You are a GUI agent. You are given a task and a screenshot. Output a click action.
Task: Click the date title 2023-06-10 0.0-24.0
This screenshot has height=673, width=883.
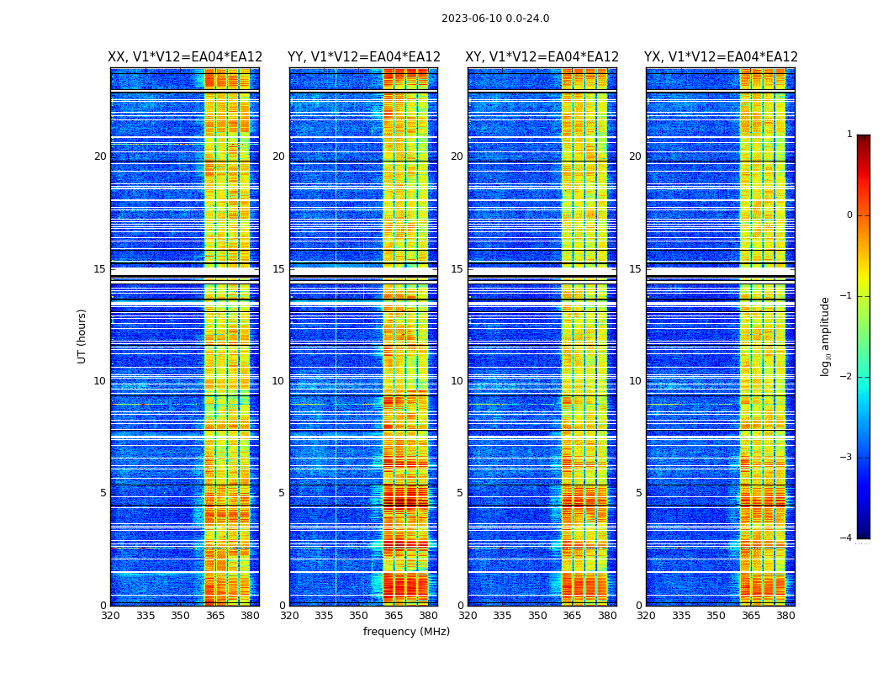pyautogui.click(x=495, y=19)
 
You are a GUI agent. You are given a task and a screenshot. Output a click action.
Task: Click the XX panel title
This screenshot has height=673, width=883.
pyautogui.click(x=185, y=57)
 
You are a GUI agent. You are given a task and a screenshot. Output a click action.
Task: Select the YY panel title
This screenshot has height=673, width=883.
pyautogui.click(x=364, y=57)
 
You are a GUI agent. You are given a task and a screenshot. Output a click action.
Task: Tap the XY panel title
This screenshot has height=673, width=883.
pyautogui.click(x=542, y=57)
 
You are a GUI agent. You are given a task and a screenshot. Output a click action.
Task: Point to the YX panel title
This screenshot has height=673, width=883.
pyautogui.click(x=721, y=57)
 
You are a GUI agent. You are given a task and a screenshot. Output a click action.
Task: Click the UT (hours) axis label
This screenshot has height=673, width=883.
pyautogui.click(x=82, y=336)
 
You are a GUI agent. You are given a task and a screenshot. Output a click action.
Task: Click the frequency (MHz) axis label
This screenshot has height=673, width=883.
pyautogui.click(x=406, y=632)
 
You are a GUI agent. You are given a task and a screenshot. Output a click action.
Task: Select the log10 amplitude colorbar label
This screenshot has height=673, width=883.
pyautogui.click(x=826, y=336)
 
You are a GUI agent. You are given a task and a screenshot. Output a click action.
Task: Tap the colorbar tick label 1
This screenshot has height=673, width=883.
pyautogui.click(x=849, y=135)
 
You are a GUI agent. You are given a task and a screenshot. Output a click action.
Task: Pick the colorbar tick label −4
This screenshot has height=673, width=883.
pyautogui.click(x=847, y=538)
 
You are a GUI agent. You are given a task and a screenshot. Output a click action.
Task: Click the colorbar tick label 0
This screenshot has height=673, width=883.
pyautogui.click(x=849, y=215)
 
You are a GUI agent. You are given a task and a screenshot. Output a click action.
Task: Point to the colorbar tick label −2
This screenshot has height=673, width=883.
pyautogui.click(x=847, y=377)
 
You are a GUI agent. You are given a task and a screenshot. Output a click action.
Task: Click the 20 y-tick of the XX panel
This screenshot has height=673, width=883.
pyautogui.click(x=100, y=156)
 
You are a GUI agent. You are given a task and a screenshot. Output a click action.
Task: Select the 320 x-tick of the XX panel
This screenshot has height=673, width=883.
pyautogui.click(x=110, y=616)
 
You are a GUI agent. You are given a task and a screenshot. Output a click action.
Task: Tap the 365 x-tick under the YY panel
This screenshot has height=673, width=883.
pyautogui.click(x=394, y=616)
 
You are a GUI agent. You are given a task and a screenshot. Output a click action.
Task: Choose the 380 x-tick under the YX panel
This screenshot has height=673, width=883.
pyautogui.click(x=785, y=616)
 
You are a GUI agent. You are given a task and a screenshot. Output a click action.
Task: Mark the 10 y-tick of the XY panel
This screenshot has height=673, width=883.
pyautogui.click(x=457, y=381)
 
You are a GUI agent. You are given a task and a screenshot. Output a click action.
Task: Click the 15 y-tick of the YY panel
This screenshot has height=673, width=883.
pyautogui.click(x=278, y=269)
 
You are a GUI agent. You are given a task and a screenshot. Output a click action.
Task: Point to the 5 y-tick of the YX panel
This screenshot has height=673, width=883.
pyautogui.click(x=639, y=493)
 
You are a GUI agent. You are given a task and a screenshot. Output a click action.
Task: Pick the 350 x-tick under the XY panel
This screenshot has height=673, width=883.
pyautogui.click(x=537, y=616)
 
